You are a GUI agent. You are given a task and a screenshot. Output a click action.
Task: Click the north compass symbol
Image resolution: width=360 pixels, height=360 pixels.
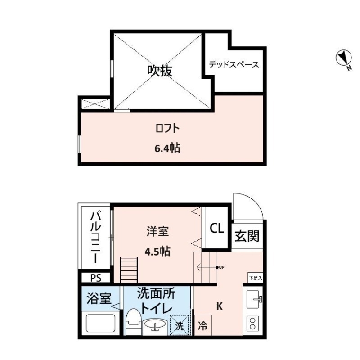[x=343, y=58]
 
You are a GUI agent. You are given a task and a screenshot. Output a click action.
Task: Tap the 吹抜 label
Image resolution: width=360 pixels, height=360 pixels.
[x=160, y=70]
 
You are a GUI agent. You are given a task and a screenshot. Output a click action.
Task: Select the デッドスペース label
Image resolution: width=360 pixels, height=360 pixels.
[x=234, y=65]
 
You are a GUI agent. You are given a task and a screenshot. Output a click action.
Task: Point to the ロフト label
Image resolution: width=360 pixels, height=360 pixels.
[x=167, y=129]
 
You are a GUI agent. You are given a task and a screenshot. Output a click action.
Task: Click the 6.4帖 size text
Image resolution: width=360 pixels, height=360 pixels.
[x=167, y=148]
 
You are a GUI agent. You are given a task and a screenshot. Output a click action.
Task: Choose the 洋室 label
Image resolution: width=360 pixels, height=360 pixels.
[x=157, y=232]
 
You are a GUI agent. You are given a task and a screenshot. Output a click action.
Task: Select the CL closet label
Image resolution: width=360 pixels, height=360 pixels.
[x=216, y=229]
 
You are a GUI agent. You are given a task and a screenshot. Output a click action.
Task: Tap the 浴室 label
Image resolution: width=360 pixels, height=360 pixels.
[x=99, y=298]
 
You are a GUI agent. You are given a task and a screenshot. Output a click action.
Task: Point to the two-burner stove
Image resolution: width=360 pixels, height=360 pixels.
[x=253, y=324]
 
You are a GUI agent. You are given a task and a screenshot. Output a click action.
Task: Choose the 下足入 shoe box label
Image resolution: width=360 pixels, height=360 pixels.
[x=255, y=278]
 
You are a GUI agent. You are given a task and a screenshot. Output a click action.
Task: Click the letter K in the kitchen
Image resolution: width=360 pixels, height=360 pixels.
[x=220, y=307]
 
